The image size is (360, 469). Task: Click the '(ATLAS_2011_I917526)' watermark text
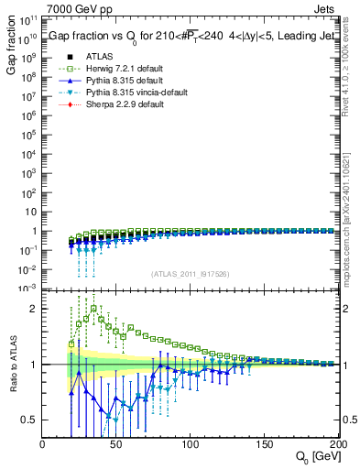click(x=191, y=275)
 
